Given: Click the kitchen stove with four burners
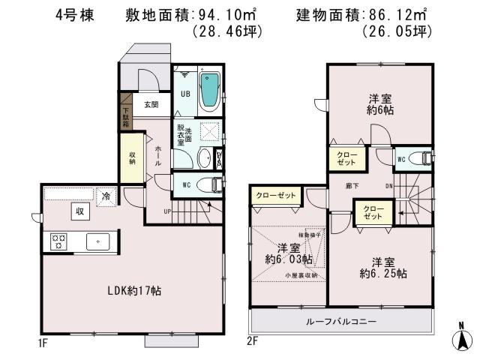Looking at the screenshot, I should click(x=58, y=241).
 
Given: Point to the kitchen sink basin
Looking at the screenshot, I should click(x=98, y=241).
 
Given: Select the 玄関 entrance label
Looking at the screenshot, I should click(x=149, y=105).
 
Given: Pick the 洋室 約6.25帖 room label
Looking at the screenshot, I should click(x=382, y=268).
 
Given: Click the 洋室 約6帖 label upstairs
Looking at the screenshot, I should click(x=381, y=104).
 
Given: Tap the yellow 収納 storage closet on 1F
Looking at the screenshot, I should click(x=131, y=157).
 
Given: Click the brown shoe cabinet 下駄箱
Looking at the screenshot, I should click(x=125, y=112).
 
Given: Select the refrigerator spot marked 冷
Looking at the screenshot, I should click(x=106, y=195).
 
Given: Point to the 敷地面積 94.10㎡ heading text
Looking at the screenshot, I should click(x=173, y=15).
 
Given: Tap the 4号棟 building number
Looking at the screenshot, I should click(x=74, y=16).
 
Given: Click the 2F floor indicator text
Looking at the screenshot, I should click(x=253, y=340).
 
